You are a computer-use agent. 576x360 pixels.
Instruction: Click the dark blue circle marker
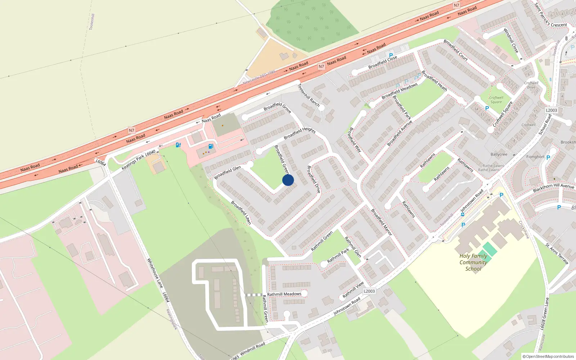288,180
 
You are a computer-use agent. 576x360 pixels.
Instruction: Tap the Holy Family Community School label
473,262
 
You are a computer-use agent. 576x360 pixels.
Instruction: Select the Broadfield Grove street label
277,107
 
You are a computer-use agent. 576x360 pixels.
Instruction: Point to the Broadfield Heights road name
300,133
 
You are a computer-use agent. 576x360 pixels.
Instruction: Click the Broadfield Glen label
228,172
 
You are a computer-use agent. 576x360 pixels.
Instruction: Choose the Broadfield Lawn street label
241,213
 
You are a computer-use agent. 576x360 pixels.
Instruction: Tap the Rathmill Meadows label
284,294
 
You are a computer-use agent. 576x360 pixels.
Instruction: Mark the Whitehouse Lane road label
155,273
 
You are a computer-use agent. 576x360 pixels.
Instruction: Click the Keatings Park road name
133,162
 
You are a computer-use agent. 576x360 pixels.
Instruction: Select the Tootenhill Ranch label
309,95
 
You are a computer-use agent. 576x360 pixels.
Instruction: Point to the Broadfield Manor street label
382,222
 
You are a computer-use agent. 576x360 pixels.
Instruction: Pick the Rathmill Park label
338,255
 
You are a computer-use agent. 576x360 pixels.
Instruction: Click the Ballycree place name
499,154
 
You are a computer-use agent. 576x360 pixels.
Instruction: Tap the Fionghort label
535,157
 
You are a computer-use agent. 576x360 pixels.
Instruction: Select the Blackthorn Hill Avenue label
553,188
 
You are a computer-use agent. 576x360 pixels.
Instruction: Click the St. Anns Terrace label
557,254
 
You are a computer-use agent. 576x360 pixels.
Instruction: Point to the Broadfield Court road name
455,50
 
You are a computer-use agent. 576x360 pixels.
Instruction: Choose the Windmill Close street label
511,40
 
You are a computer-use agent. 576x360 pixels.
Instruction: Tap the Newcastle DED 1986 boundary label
259,77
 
